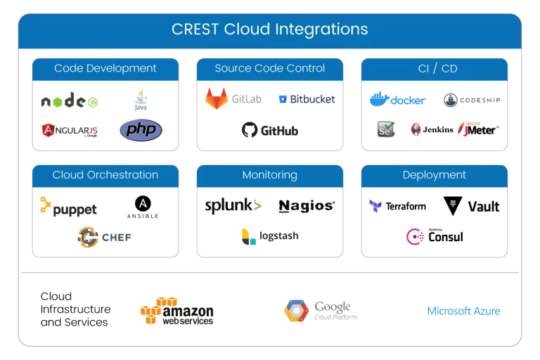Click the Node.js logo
69,101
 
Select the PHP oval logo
141,130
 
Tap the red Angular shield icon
49,130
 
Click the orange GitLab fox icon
216,98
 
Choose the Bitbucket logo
307,99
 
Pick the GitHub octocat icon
250,130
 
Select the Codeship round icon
451,101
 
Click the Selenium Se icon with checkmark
385,129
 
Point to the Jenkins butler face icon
416,130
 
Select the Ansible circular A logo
143,204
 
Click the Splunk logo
233,206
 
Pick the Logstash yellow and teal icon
247,236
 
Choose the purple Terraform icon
376,206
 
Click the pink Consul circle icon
414,236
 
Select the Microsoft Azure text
464,311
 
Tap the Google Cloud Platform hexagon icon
296,310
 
